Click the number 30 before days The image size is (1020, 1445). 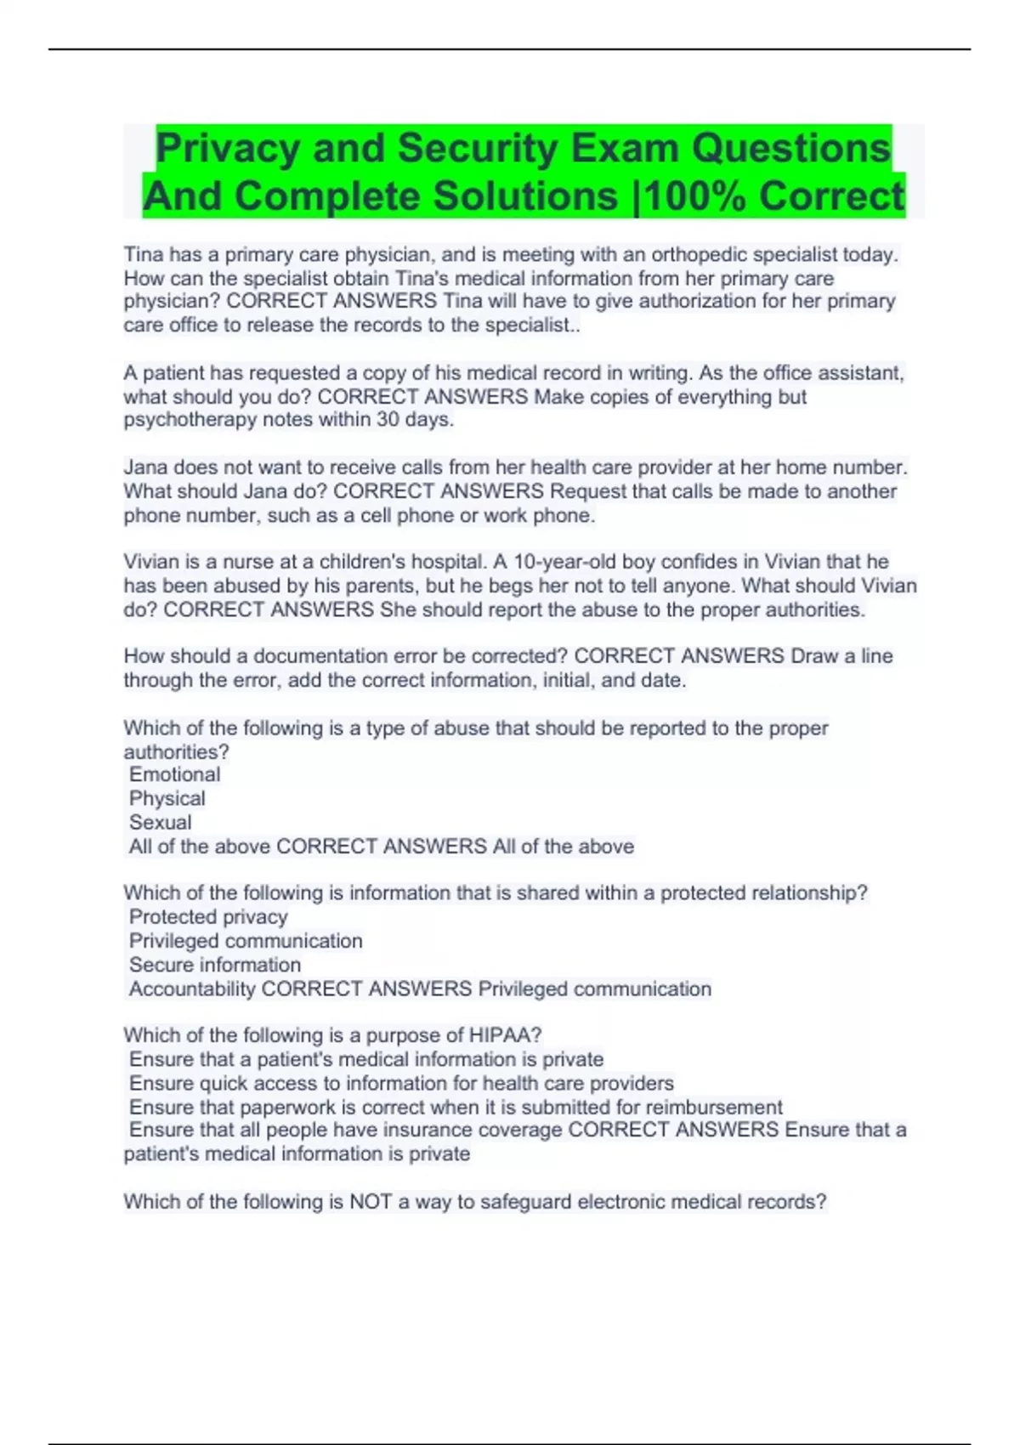coord(389,420)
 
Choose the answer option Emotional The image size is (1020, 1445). coord(174,774)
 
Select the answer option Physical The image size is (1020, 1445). coord(167,798)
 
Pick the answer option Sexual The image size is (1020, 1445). coord(160,822)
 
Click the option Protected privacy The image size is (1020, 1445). coord(208,917)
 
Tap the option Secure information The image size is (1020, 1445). coord(215,965)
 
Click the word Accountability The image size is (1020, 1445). coord(192,989)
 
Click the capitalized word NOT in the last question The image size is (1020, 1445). coord(371,1202)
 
